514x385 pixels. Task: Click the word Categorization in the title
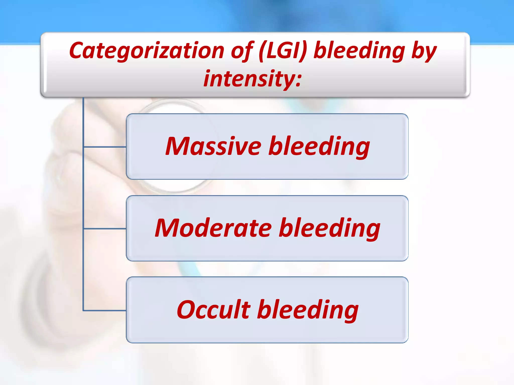click(x=147, y=51)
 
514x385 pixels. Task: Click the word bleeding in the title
click(x=359, y=51)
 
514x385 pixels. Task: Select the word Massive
click(x=213, y=146)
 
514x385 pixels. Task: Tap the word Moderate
click(x=213, y=228)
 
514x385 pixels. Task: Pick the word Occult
click(x=214, y=310)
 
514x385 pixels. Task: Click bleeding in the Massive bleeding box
click(x=319, y=146)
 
